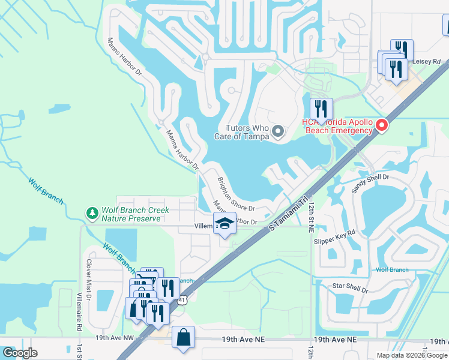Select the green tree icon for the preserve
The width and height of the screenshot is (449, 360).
(x=92, y=214)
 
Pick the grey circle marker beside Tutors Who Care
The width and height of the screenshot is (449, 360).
(x=278, y=131)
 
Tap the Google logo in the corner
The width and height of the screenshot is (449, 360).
(x=20, y=353)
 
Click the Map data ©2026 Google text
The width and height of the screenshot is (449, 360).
(x=412, y=355)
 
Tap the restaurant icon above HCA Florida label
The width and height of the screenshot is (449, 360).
(x=321, y=109)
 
